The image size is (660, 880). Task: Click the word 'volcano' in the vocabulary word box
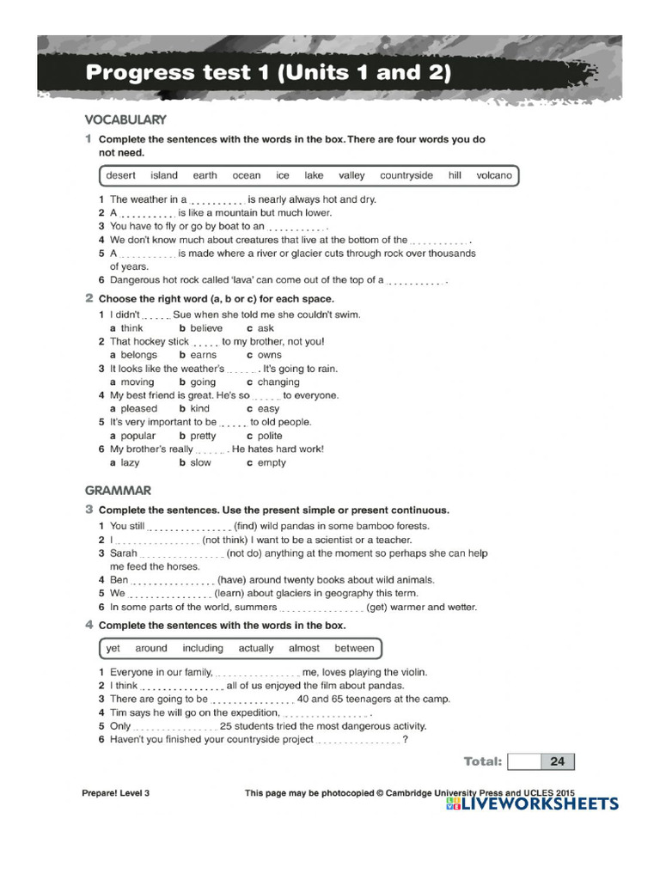493,175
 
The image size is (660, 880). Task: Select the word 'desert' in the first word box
120,175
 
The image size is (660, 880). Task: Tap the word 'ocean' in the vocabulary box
246,175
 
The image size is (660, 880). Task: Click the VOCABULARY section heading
125,119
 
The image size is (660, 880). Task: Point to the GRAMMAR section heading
118,491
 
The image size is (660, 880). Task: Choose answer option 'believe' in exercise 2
205,328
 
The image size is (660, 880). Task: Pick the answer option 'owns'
269,355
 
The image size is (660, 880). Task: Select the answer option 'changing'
278,382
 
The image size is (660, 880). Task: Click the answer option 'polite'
269,436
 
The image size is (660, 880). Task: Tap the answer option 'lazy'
130,462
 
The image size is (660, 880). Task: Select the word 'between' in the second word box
354,648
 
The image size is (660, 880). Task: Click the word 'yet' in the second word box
113,648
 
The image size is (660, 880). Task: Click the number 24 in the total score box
557,761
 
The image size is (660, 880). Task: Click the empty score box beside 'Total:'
523,761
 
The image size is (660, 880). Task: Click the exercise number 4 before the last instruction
89,625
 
